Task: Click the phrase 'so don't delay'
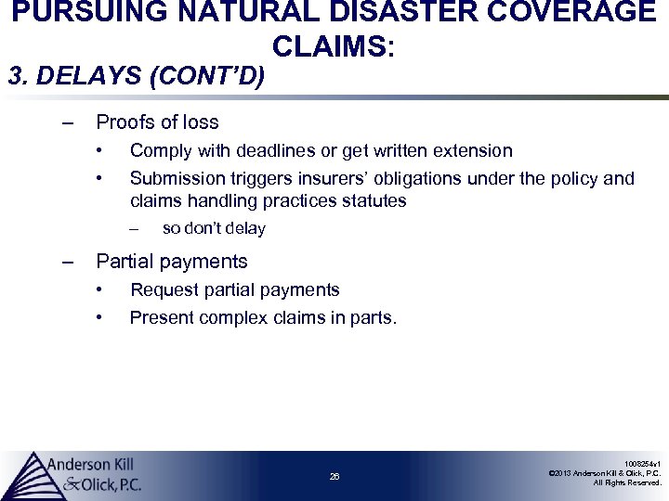213,228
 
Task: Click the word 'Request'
164,290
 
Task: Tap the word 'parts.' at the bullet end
373,318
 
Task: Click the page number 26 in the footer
334,477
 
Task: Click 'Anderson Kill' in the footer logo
91,464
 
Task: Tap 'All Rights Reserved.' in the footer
627,483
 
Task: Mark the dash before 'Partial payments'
66,262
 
